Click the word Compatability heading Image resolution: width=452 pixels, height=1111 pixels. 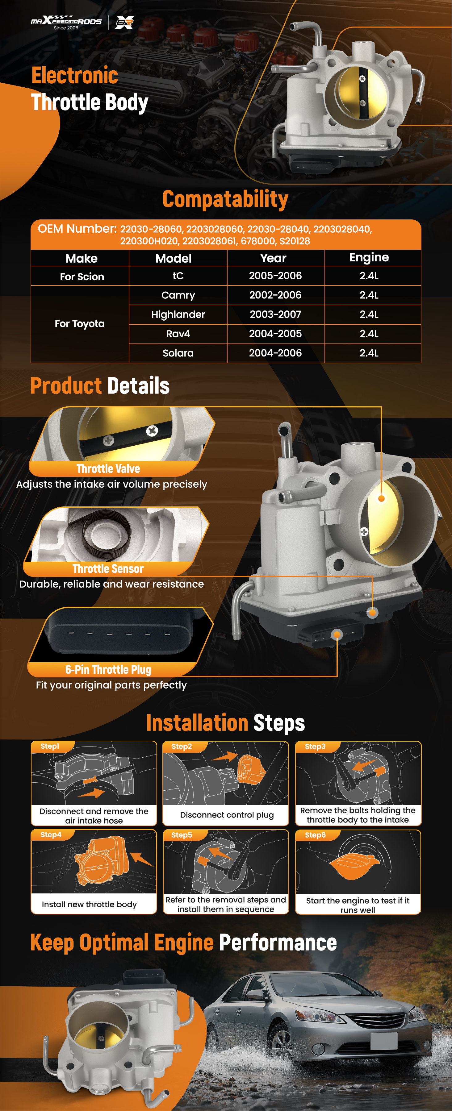click(225, 199)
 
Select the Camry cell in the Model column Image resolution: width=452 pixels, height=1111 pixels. click(178, 295)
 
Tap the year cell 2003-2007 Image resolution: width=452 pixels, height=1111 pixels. click(275, 314)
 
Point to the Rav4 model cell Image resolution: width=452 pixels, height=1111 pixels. click(178, 334)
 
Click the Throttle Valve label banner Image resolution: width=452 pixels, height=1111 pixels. click(108, 469)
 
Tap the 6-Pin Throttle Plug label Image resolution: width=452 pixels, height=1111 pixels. click(108, 669)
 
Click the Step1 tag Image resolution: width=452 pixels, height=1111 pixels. click(50, 747)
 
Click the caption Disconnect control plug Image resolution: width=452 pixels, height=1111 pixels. click(227, 815)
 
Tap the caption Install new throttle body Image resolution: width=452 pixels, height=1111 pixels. click(89, 904)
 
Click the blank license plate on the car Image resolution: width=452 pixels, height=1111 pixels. click(383, 1041)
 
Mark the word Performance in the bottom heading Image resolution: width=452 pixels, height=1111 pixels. click(278, 943)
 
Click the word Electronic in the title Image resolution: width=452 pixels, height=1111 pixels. click(75, 76)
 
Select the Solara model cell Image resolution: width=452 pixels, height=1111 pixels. click(178, 353)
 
